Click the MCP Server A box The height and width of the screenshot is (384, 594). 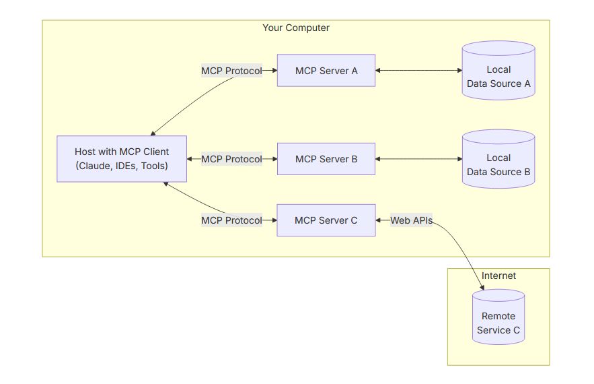pos(326,71)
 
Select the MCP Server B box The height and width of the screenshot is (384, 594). pos(326,159)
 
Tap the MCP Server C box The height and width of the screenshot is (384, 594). pos(326,220)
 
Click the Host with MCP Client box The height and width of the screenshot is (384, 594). pos(122,159)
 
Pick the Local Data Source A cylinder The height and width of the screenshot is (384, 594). pos(498,71)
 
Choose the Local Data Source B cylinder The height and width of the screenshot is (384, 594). pos(498,159)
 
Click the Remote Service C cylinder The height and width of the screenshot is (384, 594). pos(498,317)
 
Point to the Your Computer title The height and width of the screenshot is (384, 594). pos(296,28)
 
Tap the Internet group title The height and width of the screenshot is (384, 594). pos(498,276)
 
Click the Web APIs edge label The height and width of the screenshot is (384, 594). pos(412,220)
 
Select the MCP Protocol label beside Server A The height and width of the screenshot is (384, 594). pos(231,71)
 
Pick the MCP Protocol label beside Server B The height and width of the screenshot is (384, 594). pos(231,159)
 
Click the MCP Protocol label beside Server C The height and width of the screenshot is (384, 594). pos(231,220)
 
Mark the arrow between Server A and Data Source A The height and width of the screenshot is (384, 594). pos(418,70)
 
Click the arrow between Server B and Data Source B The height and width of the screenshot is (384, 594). pos(418,159)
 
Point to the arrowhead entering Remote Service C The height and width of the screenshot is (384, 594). pos(482,288)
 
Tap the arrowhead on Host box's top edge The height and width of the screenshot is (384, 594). pos(153,133)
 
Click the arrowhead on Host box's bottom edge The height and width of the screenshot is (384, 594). pos(165,184)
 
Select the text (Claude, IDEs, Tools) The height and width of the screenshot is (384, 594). pos(122,166)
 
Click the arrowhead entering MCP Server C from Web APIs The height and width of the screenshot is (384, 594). pos(378,220)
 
